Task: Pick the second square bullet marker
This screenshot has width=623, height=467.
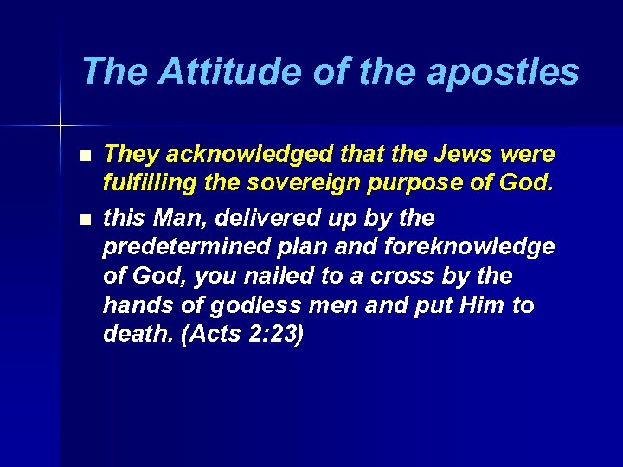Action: (83, 218)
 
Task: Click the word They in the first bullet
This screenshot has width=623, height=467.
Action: (128, 155)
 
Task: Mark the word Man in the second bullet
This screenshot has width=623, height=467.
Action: (168, 216)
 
